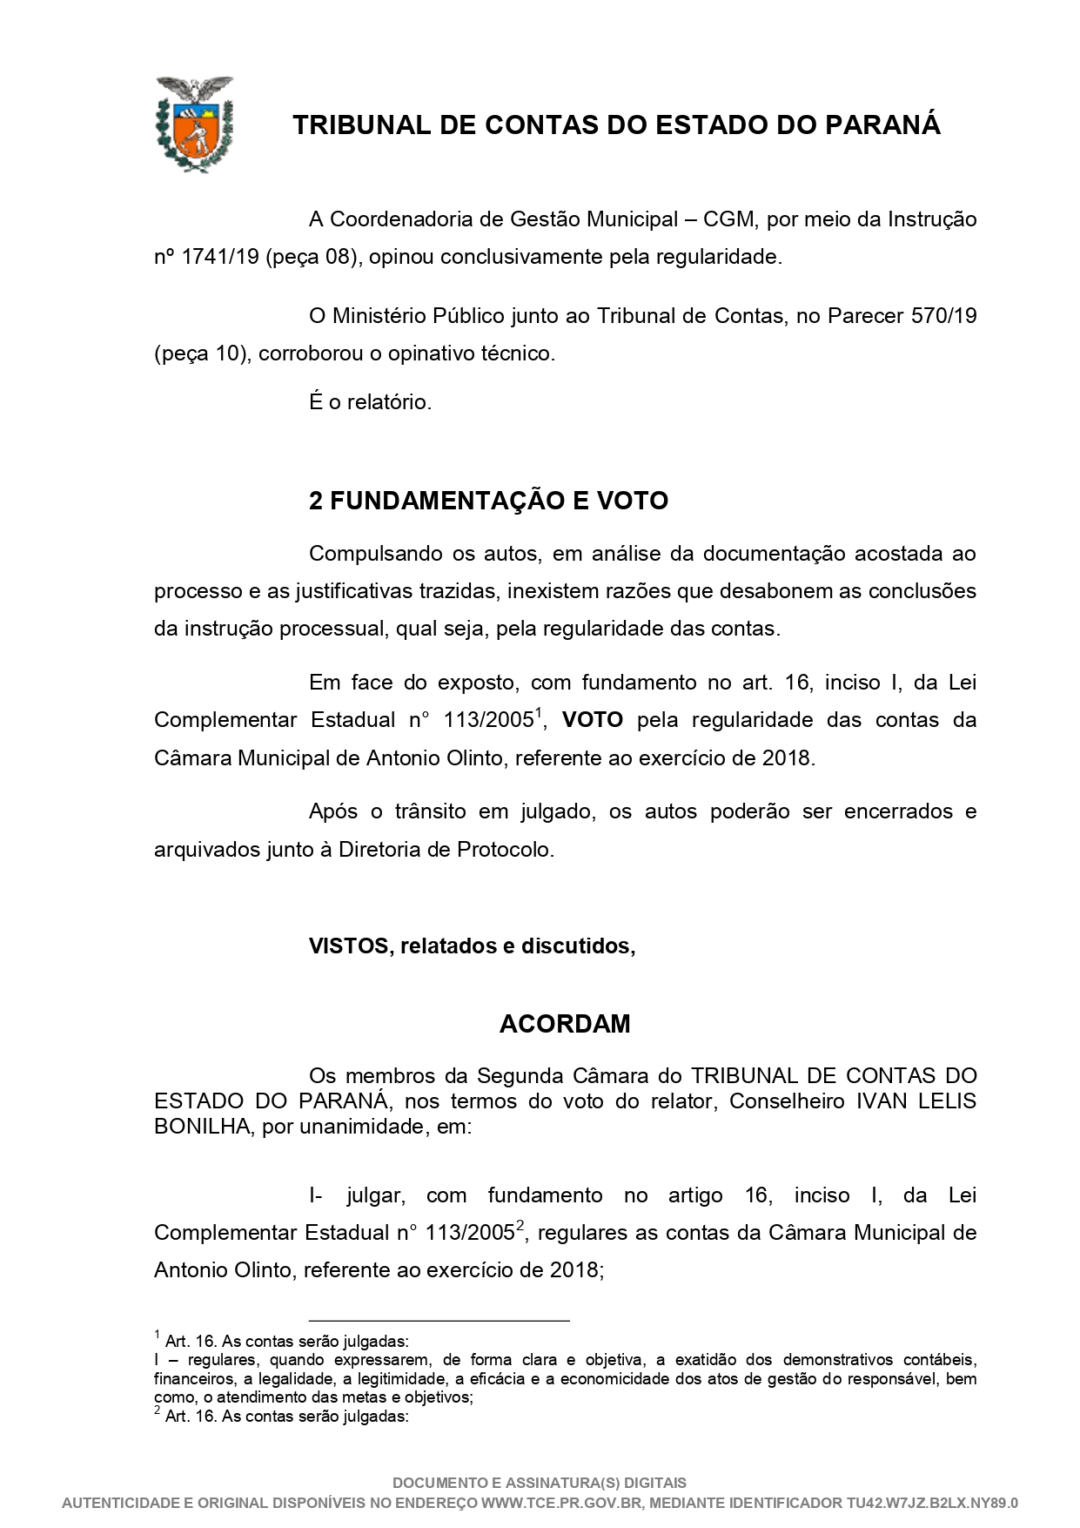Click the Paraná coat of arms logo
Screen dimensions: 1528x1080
click(x=193, y=124)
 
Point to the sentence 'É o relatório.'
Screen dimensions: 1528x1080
click(x=370, y=402)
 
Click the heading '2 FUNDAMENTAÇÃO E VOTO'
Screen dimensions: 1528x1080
click(x=488, y=501)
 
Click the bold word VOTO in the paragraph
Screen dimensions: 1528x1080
click(x=592, y=720)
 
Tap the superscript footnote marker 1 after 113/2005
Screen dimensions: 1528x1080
click(x=539, y=714)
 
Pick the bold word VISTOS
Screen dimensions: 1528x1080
click(x=348, y=946)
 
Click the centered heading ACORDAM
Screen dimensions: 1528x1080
click(x=565, y=1024)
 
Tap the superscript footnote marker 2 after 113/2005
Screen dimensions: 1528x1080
click(x=520, y=1226)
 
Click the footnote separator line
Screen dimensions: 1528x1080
click(x=439, y=1321)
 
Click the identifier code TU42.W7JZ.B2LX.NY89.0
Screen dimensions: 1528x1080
click(x=932, y=1502)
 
